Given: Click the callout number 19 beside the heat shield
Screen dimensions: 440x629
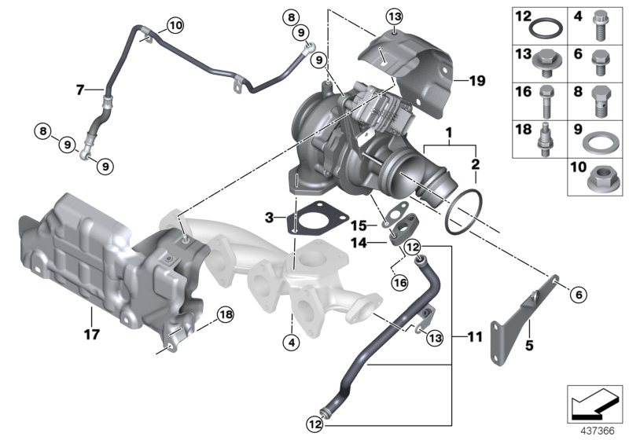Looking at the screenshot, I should (477, 80).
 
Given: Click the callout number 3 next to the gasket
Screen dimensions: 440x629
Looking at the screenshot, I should (270, 216).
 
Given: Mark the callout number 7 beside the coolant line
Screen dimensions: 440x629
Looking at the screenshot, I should (79, 90).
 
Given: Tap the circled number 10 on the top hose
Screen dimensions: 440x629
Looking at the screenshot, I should (173, 25).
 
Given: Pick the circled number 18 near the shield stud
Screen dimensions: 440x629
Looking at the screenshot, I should (226, 314).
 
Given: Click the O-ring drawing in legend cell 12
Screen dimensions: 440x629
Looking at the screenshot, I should (546, 30).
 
